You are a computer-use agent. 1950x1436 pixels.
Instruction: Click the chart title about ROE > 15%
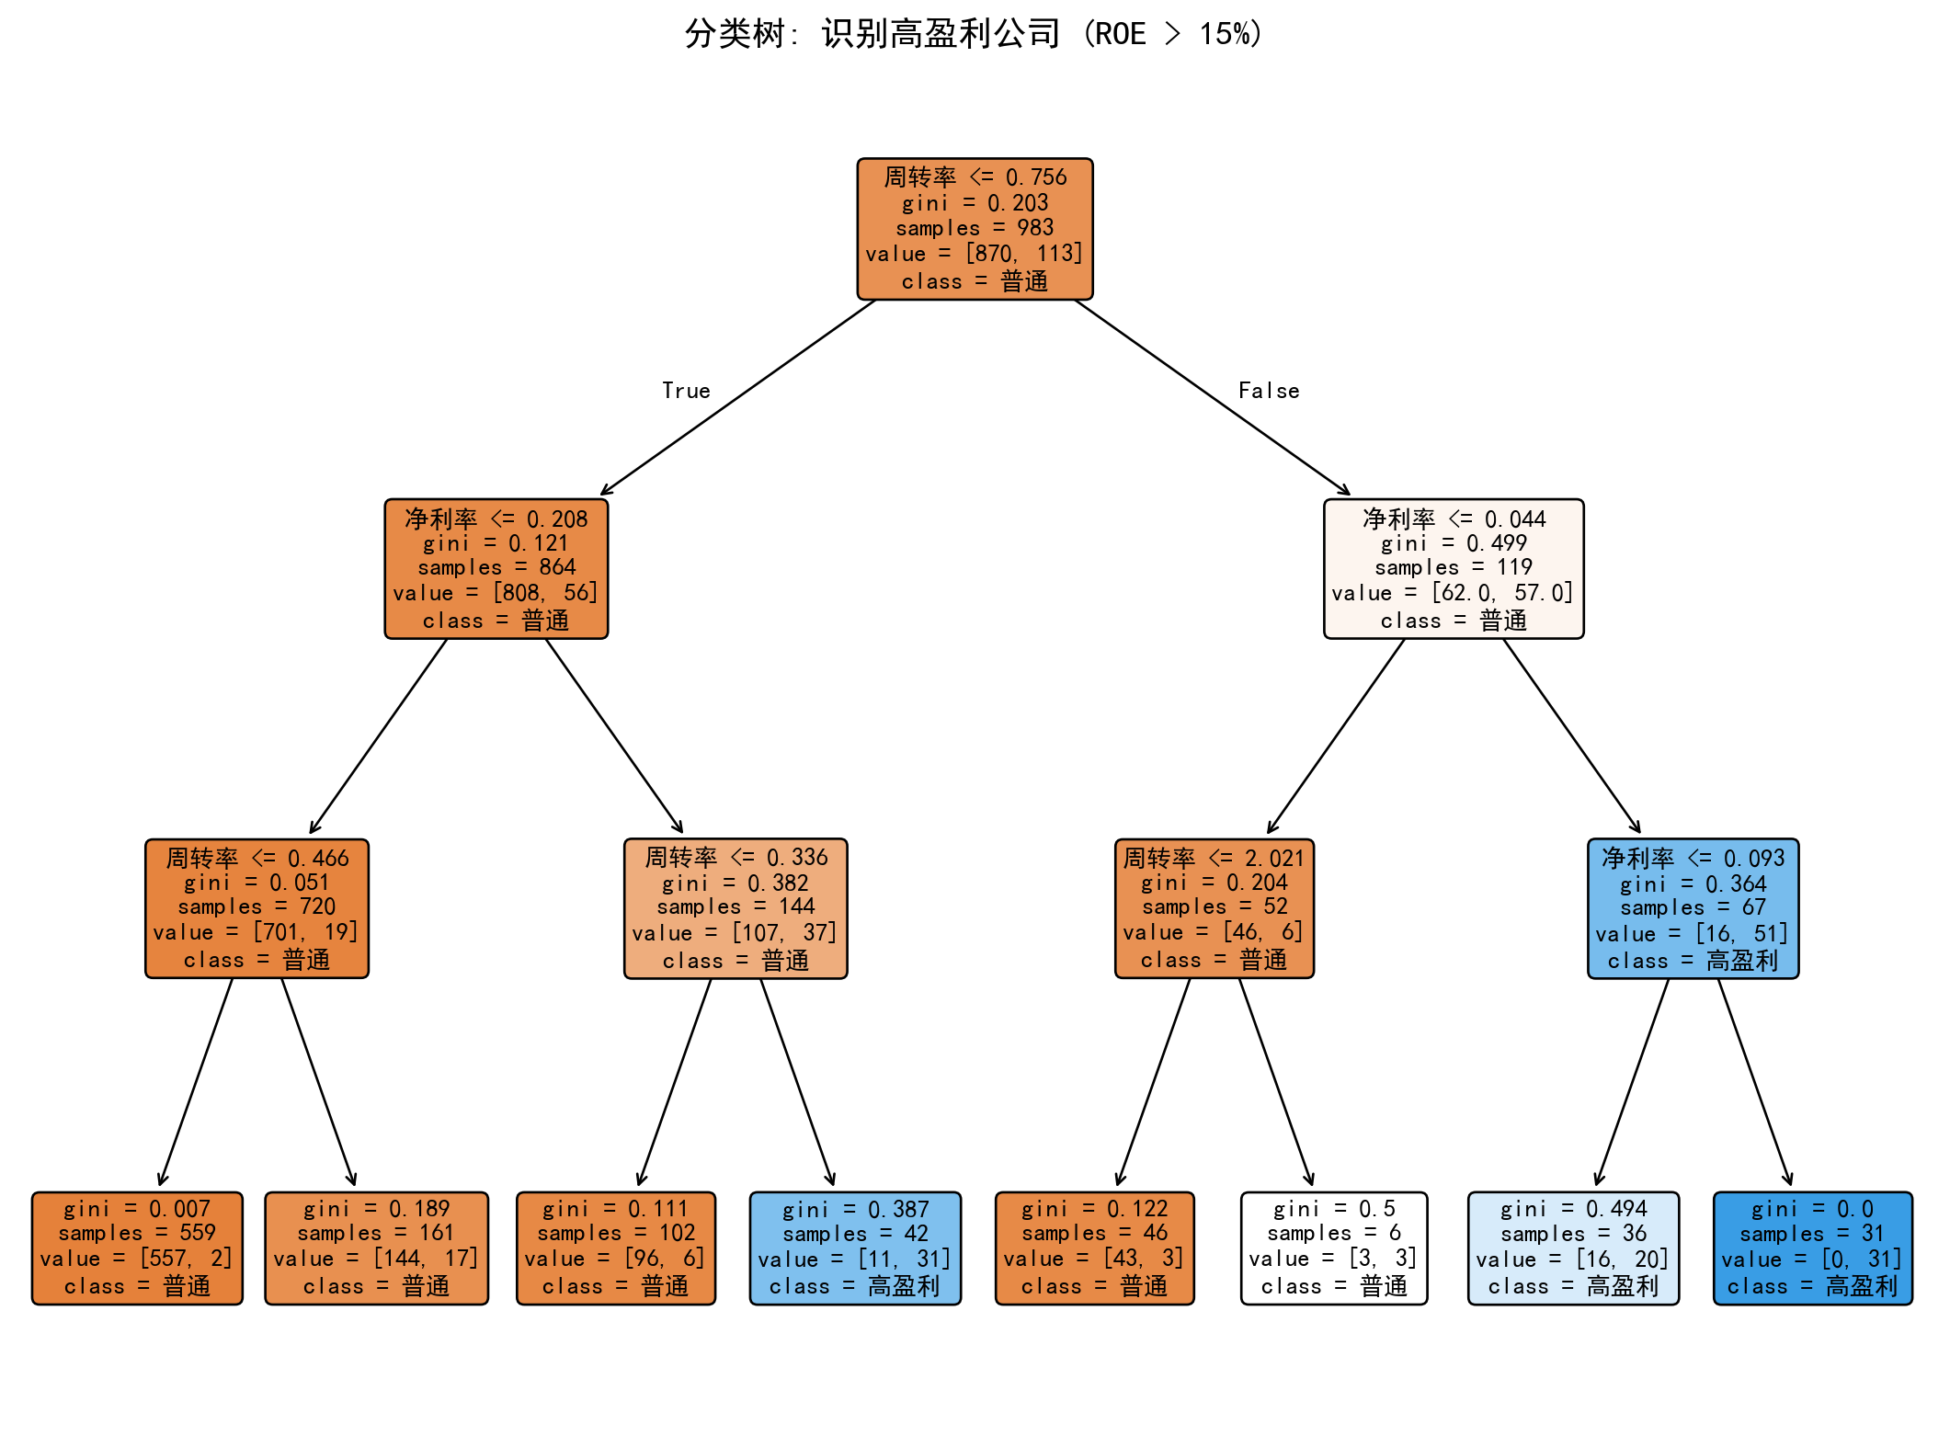[x=975, y=34]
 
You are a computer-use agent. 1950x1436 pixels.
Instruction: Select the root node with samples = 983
[x=975, y=229]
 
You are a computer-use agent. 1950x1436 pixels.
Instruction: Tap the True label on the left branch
[x=686, y=391]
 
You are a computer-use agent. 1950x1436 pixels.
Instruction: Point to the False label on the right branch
[x=1269, y=391]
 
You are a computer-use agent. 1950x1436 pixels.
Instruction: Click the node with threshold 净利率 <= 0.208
[x=496, y=569]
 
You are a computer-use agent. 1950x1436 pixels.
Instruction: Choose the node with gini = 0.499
[x=1454, y=569]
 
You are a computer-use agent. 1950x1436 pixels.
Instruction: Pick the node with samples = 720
[x=257, y=908]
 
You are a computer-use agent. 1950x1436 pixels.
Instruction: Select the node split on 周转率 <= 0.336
[x=736, y=908]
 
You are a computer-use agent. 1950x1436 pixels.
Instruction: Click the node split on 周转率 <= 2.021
[x=1214, y=908]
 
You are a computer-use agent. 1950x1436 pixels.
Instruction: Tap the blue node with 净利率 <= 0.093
[x=1693, y=908]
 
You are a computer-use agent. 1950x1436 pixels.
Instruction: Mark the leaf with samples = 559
[x=137, y=1248]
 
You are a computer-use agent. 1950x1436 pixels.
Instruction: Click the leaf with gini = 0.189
[x=377, y=1248]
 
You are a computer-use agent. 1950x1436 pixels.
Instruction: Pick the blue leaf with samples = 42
[x=855, y=1248]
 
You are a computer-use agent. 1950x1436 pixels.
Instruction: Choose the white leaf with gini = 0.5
[x=1334, y=1248]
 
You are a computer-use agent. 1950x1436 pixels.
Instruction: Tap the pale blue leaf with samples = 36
[x=1573, y=1248]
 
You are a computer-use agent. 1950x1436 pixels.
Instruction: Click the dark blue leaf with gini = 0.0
[x=1813, y=1248]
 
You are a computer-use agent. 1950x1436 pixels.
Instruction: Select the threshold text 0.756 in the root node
[x=1036, y=177]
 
